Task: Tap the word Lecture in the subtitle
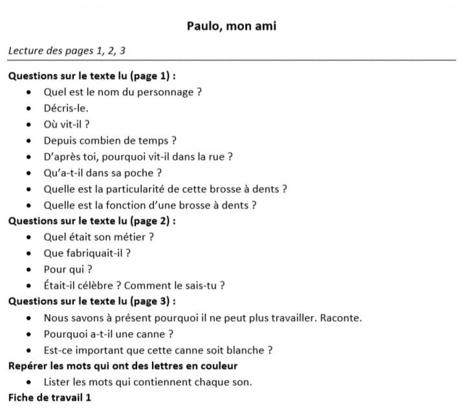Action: tap(25, 51)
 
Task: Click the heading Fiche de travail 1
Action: tap(50, 398)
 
